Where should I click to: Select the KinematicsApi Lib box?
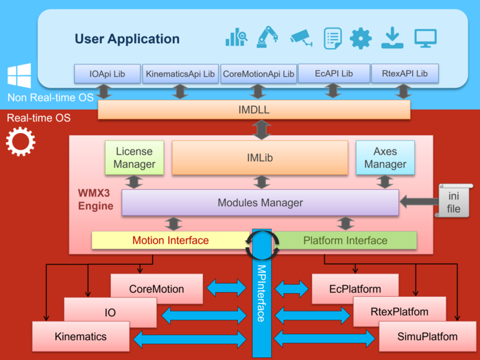[x=180, y=73]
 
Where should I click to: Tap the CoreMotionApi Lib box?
[x=259, y=73]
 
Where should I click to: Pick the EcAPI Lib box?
[x=333, y=73]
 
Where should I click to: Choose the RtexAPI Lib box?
[x=404, y=73]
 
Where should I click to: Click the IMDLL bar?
[x=254, y=110]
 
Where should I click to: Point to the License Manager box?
[x=134, y=158]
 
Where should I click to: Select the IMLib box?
[x=259, y=158]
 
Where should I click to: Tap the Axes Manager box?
[x=385, y=158]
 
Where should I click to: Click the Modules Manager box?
[x=260, y=202]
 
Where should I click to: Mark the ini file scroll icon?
[x=454, y=200]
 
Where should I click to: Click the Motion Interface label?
[x=170, y=241]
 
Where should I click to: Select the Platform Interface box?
[x=345, y=241]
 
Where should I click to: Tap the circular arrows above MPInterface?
[x=261, y=241]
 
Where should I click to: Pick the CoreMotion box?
[x=156, y=289]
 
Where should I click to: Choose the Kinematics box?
[x=80, y=337]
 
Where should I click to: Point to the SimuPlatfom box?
[x=417, y=337]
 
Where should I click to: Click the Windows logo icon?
[x=19, y=76]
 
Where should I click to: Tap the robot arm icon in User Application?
[x=265, y=37]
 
